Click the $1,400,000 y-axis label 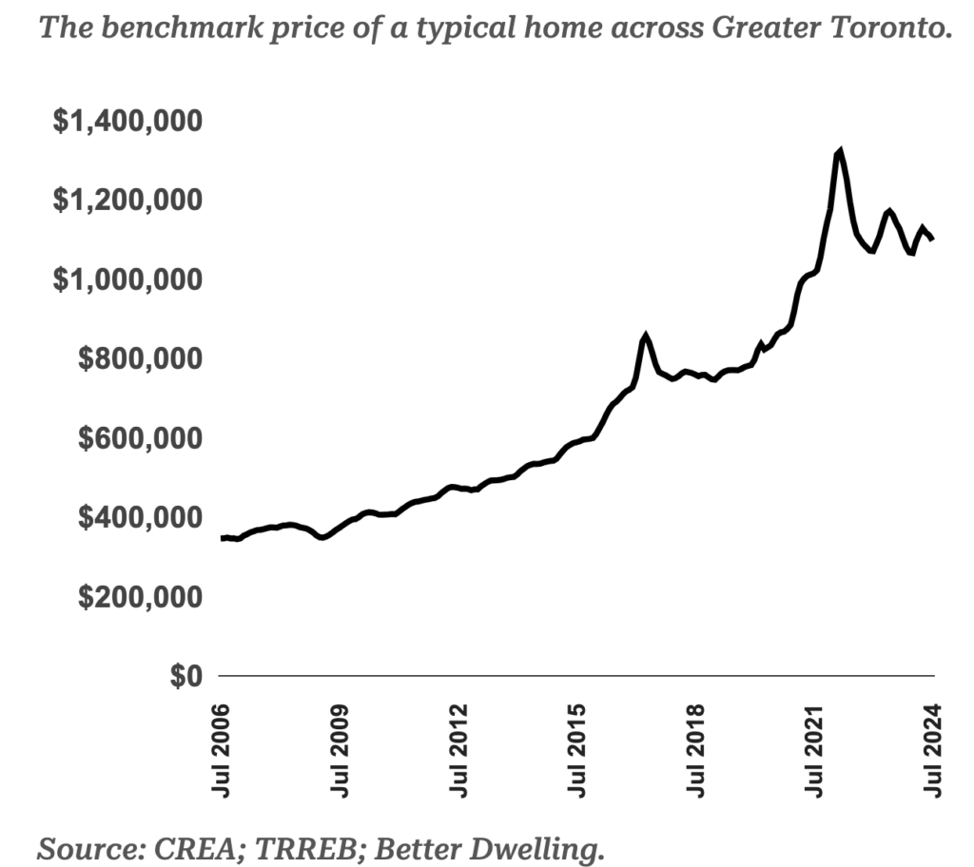tap(127, 123)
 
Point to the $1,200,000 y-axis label tap(127, 202)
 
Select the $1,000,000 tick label tap(127, 280)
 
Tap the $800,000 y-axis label tap(139, 359)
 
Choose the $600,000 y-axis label tap(139, 439)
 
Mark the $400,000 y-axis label tap(139, 518)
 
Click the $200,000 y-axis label tap(139, 597)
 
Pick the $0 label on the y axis tap(186, 676)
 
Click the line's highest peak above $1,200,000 tap(839, 151)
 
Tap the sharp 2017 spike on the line tap(647, 337)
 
